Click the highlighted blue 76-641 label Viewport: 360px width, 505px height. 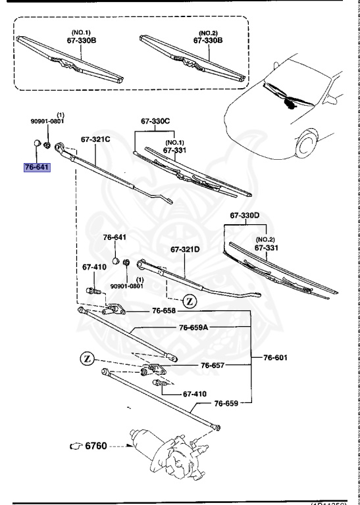pyautogui.click(x=37, y=168)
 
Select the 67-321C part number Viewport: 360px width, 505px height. pyautogui.click(x=95, y=139)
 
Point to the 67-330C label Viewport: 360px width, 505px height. pyautogui.click(x=155, y=122)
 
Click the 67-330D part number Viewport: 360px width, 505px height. pyautogui.click(x=245, y=216)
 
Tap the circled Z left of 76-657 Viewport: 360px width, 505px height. pyautogui.click(x=86, y=358)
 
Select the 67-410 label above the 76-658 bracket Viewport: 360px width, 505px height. pyautogui.click(x=94, y=268)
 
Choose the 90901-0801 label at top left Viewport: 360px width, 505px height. pyautogui.click(x=47, y=120)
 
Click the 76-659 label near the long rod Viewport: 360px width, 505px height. pyautogui.click(x=226, y=404)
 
